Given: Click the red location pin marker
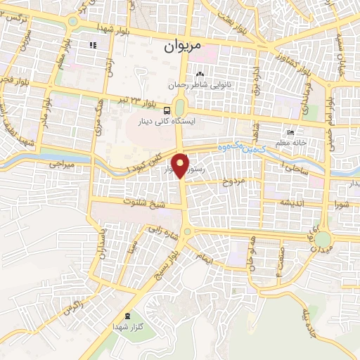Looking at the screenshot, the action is tap(181, 166).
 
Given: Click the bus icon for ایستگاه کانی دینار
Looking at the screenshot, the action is tap(167, 110).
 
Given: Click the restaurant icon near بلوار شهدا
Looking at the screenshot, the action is tap(92, 46).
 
